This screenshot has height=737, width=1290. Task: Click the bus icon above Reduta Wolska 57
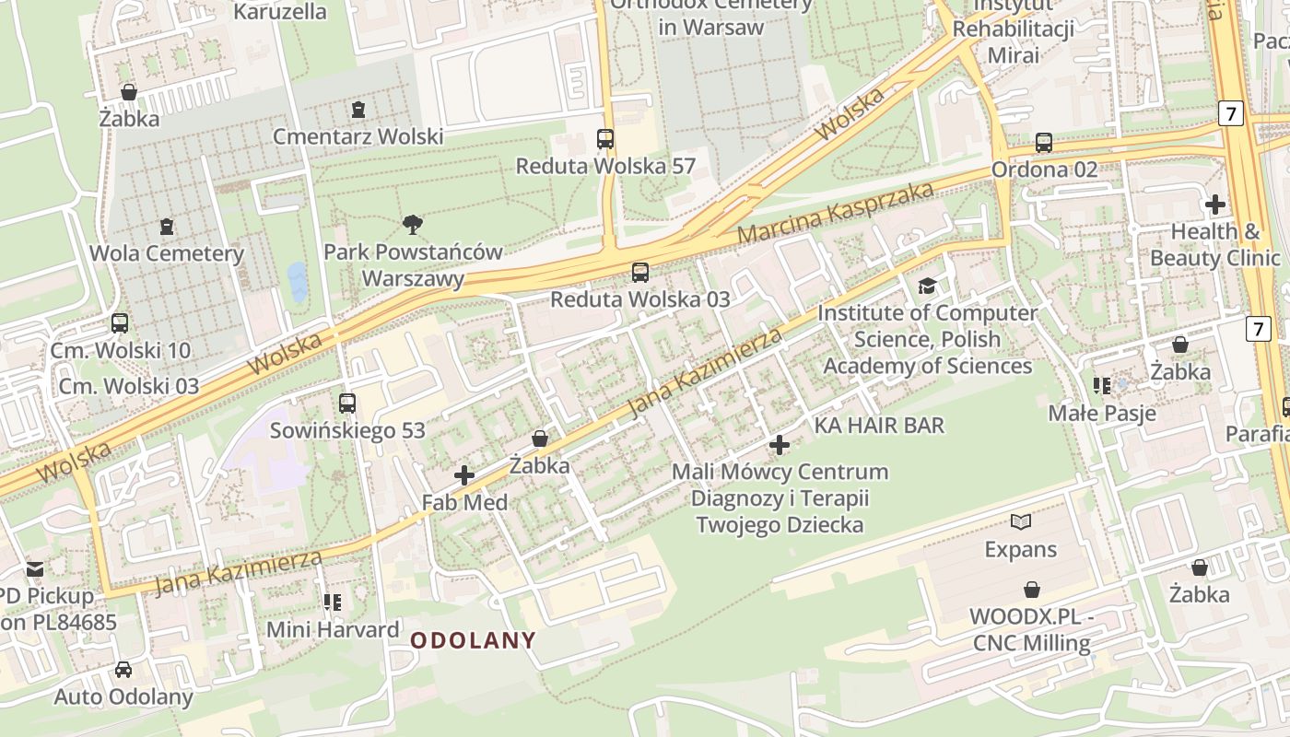pyautogui.click(x=605, y=139)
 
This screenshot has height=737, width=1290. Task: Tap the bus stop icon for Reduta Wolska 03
pyautogui.click(x=639, y=273)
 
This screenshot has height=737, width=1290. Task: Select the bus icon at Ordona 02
pyautogui.click(x=1043, y=143)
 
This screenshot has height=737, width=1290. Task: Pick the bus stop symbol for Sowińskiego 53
pyautogui.click(x=347, y=404)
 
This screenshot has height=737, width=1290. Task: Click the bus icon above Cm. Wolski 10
pyautogui.click(x=120, y=323)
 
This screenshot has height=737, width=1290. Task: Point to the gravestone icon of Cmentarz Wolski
pyautogui.click(x=358, y=110)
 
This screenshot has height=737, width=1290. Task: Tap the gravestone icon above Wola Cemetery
pyautogui.click(x=167, y=226)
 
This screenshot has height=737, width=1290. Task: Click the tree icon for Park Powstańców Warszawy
pyautogui.click(x=413, y=224)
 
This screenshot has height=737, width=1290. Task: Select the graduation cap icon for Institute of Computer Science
pyautogui.click(x=927, y=287)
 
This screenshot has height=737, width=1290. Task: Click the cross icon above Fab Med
pyautogui.click(x=464, y=475)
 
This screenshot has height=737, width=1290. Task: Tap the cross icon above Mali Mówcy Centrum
pyautogui.click(x=780, y=445)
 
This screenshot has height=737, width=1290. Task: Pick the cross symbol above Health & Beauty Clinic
pyautogui.click(x=1214, y=204)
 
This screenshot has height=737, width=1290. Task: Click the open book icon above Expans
pyautogui.click(x=1020, y=522)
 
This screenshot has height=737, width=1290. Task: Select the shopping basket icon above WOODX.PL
pyautogui.click(x=1032, y=590)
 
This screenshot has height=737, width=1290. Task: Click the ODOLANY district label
pyautogui.click(x=473, y=640)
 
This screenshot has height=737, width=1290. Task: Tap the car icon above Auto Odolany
pyautogui.click(x=123, y=669)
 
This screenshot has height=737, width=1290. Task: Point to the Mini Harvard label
pyautogui.click(x=333, y=630)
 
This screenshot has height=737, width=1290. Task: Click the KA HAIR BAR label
pyautogui.click(x=879, y=425)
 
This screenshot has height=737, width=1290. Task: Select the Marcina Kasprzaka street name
pyautogui.click(x=835, y=213)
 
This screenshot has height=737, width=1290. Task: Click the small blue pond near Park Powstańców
pyautogui.click(x=297, y=282)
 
